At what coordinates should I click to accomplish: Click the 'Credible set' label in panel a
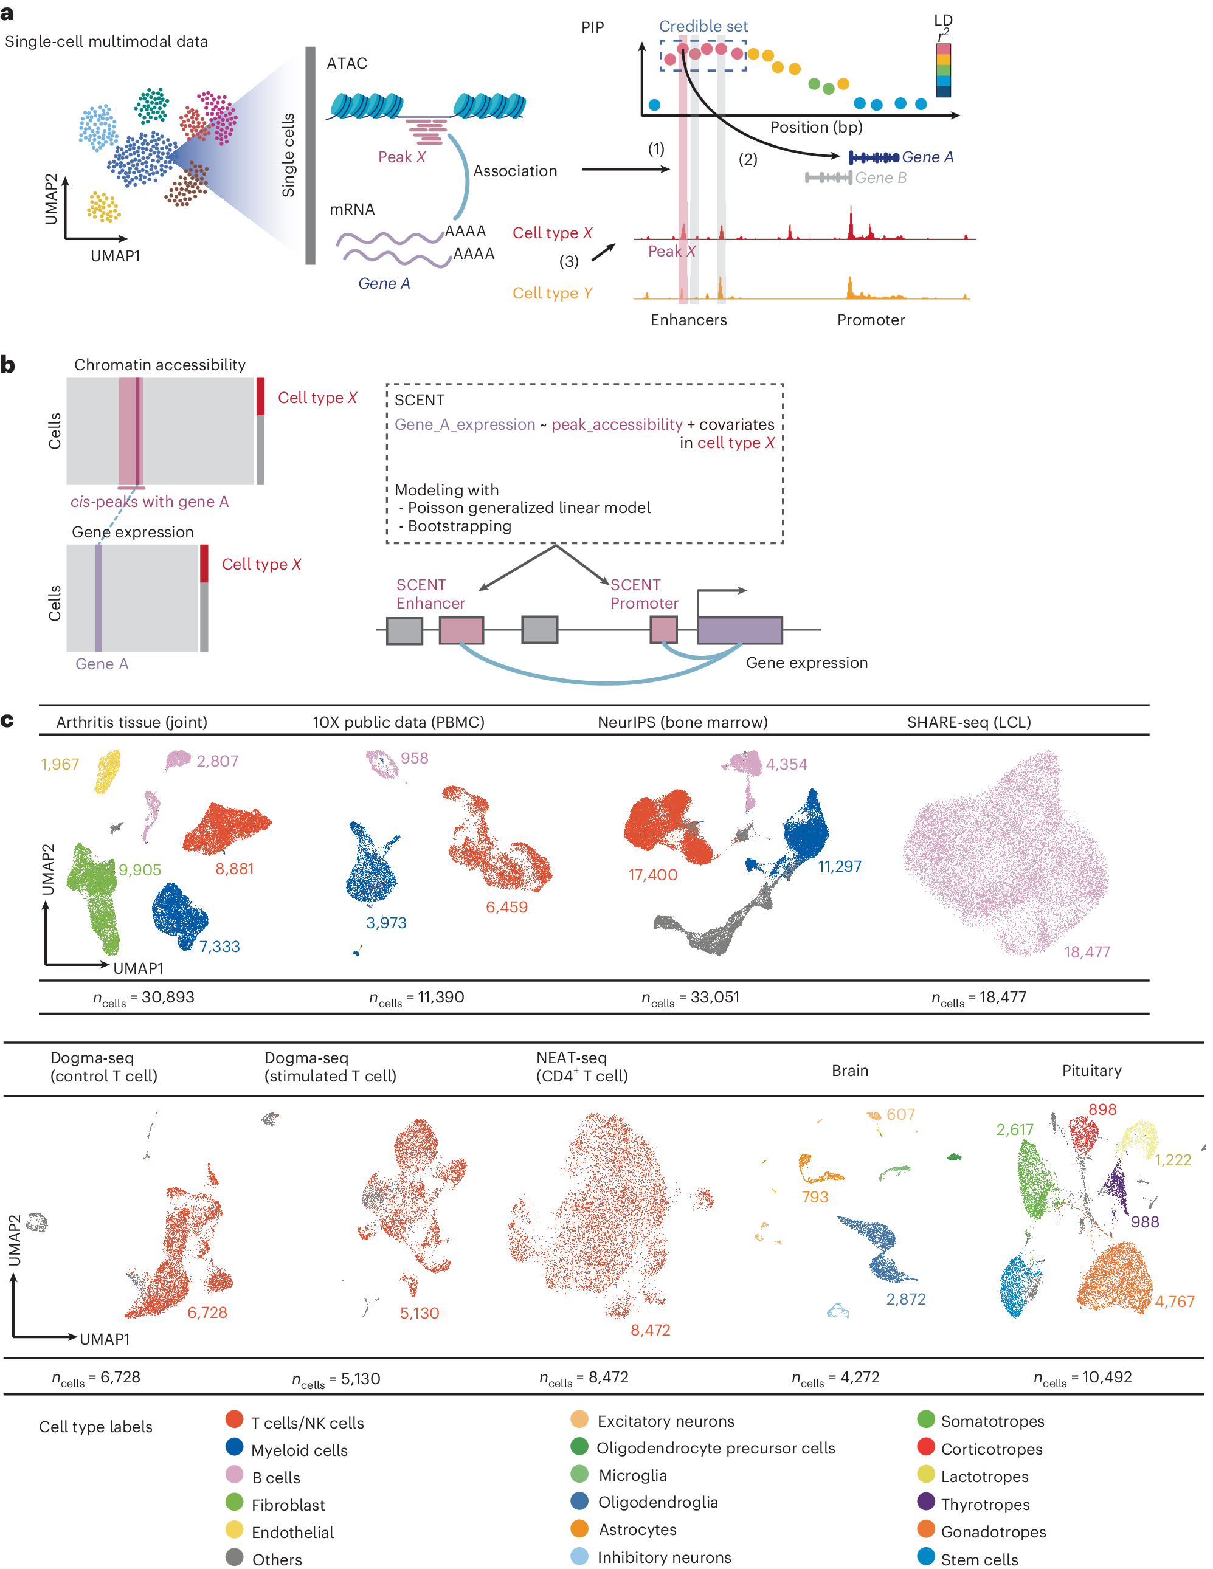[703, 26]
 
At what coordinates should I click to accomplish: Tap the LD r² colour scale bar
[943, 71]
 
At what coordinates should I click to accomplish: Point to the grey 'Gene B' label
[880, 178]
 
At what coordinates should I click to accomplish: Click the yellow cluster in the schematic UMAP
[103, 207]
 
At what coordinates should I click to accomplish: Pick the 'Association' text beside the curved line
[514, 171]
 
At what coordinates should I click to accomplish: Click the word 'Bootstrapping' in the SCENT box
[459, 526]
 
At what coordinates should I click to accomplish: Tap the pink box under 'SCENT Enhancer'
[461, 629]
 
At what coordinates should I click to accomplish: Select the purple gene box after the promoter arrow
[739, 629]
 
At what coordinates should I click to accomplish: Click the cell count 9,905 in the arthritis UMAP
[139, 869]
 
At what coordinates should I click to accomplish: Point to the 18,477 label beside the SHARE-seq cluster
[1087, 952]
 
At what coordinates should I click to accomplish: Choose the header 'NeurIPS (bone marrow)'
[682, 722]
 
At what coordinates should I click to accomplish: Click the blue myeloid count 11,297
[839, 866]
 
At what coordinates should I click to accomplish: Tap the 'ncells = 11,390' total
[416, 997]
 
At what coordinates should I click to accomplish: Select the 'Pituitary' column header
[1091, 1071]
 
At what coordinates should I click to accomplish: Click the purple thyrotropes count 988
[1144, 1222]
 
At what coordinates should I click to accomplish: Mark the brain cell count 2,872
[905, 1299]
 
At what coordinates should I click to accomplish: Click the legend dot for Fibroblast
[234, 1502]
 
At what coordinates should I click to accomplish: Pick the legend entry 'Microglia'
[632, 1475]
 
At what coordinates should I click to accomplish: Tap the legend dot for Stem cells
[925, 1556]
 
